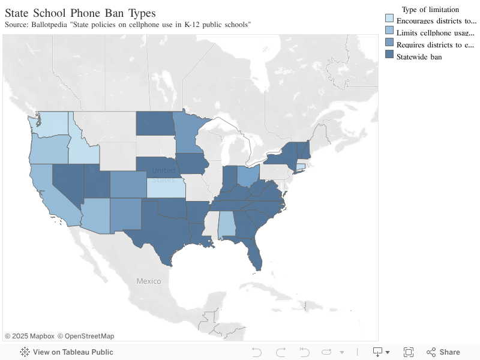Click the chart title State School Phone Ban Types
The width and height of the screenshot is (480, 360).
tap(80, 13)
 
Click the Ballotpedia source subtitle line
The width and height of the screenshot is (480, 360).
tap(127, 25)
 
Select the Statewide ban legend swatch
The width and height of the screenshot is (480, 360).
tap(389, 56)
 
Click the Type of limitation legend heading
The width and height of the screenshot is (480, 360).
tap(430, 9)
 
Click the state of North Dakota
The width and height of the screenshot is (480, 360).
tap(154, 124)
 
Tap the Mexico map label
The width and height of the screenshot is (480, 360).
tap(148, 281)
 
